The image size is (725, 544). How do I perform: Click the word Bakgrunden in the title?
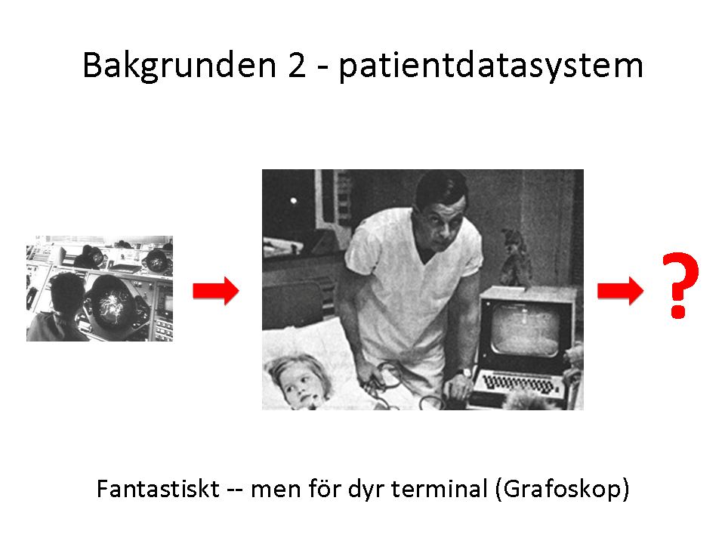pos(180,66)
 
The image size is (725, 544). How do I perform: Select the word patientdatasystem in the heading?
pos(491,66)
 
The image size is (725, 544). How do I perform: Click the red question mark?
pos(680,286)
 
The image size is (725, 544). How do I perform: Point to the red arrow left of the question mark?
pos(621,291)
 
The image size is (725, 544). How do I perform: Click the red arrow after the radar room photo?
pos(216,291)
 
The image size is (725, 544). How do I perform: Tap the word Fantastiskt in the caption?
pos(158,489)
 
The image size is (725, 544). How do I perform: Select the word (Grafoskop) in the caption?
pos(562,490)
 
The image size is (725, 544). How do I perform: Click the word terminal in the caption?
pos(440,489)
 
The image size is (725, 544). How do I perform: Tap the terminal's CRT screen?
pos(524,329)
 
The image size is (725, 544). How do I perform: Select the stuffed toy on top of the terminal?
pos(515,258)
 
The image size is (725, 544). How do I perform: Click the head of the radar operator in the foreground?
pos(66,292)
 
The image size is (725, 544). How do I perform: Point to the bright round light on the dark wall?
pos(293,200)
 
